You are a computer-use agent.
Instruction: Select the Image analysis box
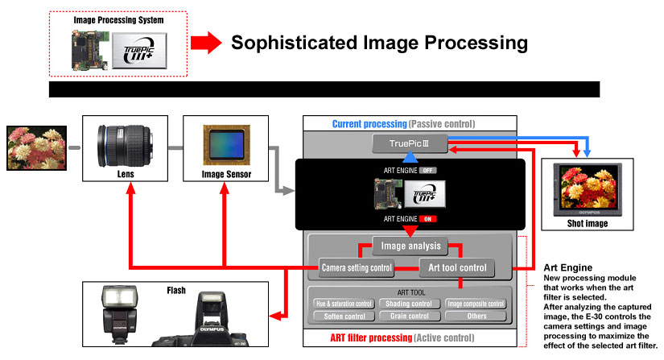[407, 246]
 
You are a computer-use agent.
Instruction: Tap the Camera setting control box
[357, 267]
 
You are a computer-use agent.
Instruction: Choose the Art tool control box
[457, 267]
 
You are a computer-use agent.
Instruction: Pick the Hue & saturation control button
[344, 304]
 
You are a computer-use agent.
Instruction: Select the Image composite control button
[475, 304]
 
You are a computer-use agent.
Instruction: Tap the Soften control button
[344, 316]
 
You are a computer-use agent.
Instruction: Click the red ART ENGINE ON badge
[427, 218]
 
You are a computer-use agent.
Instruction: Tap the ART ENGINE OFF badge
[427, 171]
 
